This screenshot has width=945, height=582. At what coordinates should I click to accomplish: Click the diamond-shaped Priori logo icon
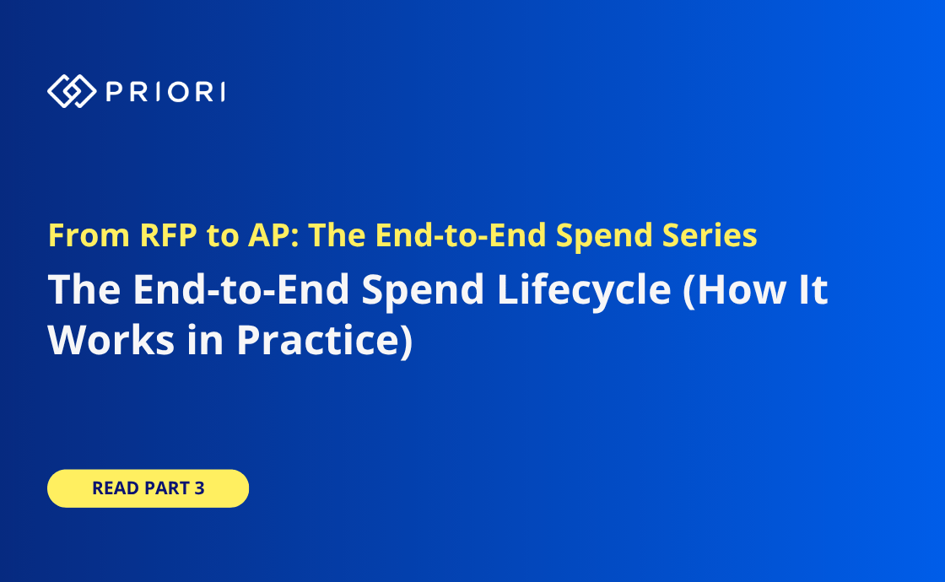pos(72,92)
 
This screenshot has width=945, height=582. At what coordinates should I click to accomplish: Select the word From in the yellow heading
pos(89,235)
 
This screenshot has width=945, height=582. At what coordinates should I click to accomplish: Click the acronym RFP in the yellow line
pos(168,235)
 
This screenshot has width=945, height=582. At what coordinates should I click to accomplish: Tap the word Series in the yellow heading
pos(710,235)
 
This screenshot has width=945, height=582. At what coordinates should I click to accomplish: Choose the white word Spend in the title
pos(423,290)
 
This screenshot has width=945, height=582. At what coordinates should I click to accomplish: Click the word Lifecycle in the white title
pos(584,290)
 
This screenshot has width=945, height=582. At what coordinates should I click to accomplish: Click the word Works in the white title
pos(111,341)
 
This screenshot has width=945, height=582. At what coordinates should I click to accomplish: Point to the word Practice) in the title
pos(325,341)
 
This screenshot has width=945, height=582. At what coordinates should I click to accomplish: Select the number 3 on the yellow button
pos(199,488)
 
